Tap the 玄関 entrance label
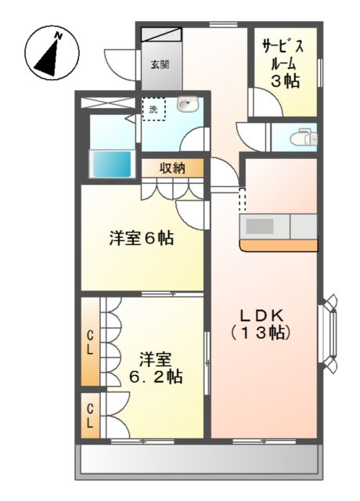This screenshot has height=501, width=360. tap(160, 65)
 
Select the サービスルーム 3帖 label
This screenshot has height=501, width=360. tap(283, 63)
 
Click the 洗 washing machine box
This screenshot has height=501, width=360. tap(153, 109)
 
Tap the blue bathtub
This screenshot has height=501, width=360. tap(111, 164)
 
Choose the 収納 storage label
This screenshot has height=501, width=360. tap(173, 168)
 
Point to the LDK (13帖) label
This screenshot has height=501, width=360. tap(265, 323)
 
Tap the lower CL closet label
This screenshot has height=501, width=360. tap(91, 414)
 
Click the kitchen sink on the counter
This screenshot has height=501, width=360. tap(261, 227)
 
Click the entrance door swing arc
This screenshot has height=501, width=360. tap(117, 61)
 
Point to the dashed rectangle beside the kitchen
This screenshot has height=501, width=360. tap(242, 200)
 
